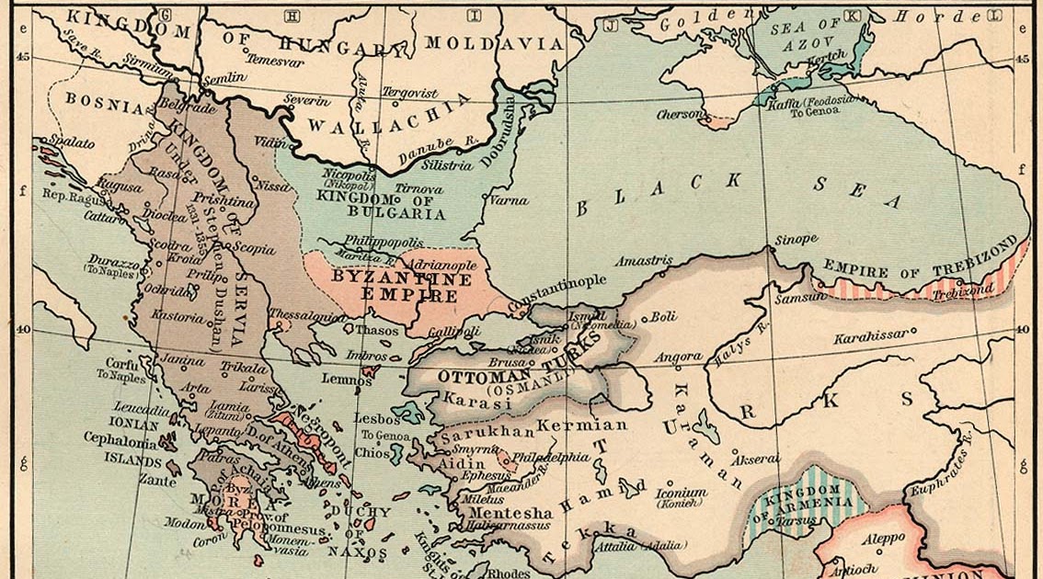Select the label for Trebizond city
coord(962,289)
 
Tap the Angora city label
coord(679,357)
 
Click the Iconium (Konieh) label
coord(681,497)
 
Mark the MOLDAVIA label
coord(495,43)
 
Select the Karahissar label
coord(869,337)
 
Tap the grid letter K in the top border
coord(851,16)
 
